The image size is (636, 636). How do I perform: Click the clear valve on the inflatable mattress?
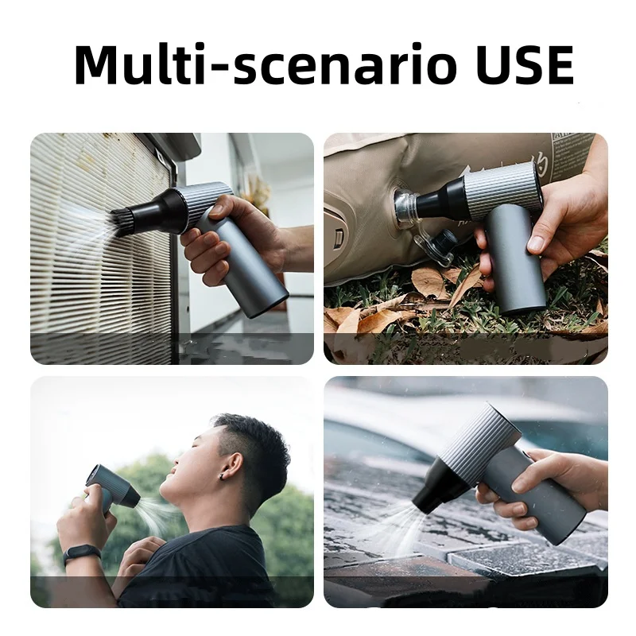pos(406,208)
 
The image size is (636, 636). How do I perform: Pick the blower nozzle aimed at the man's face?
pos(126,494)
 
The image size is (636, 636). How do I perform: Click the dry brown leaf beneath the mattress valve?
pos(430,282)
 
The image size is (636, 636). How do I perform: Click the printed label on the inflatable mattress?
pos(568,151)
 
